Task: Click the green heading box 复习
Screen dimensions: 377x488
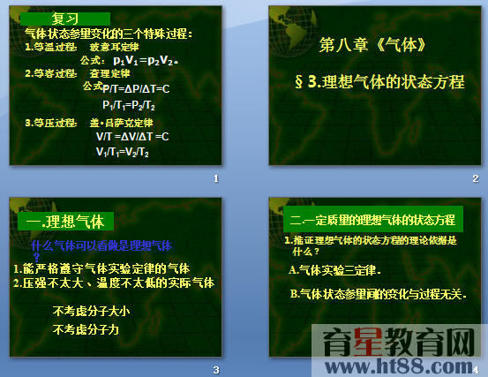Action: pos(66,19)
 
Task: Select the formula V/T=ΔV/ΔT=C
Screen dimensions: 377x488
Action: pos(132,136)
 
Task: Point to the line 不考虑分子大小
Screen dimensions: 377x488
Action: pos(91,311)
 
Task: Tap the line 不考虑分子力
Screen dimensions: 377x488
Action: pos(86,329)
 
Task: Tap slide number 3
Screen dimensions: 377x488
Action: pos(215,369)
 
